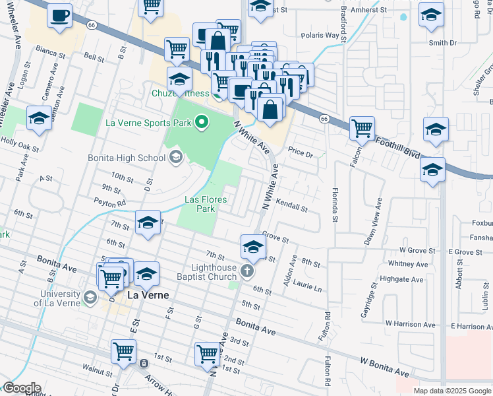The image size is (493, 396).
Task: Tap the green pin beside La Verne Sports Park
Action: coord(202,122)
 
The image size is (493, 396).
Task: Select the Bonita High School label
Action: coord(127,158)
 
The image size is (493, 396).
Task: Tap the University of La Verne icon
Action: coord(89,297)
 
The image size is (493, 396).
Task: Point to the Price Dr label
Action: coord(299,152)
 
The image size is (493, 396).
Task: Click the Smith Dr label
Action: coord(442,43)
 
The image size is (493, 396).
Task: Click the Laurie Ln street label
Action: coord(308,288)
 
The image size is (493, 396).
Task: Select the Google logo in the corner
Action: coord(21,388)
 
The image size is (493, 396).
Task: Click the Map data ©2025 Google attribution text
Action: coord(452,391)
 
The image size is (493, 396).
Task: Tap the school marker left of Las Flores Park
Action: coord(148,222)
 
